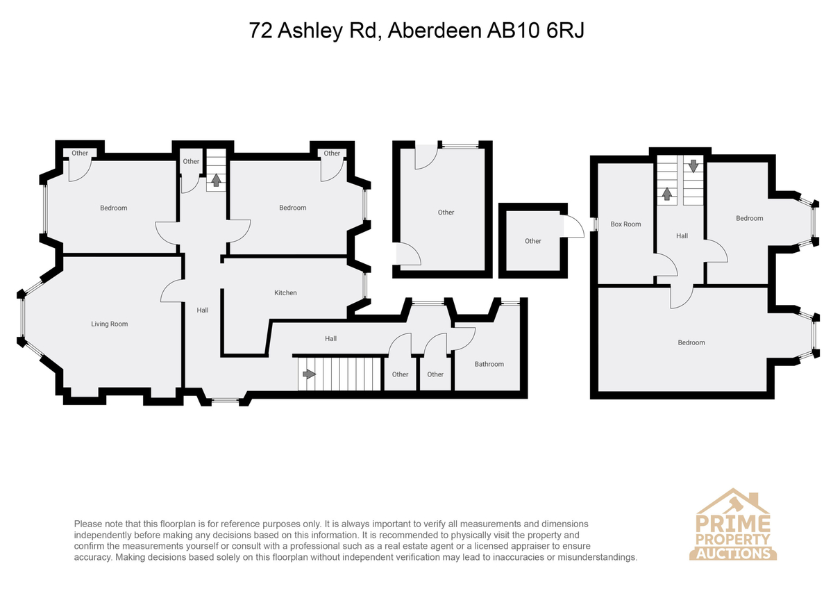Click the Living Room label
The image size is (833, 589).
(x=110, y=324)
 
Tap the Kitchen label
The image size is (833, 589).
(x=285, y=293)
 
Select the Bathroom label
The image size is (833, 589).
(x=489, y=364)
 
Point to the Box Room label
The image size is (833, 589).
(x=625, y=224)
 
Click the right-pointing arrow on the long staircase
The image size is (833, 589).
(x=310, y=374)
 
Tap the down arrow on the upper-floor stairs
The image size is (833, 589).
(x=693, y=165)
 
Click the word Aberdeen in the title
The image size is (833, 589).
(x=435, y=31)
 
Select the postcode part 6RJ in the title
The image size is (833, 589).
(x=565, y=31)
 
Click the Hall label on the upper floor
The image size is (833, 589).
(x=682, y=236)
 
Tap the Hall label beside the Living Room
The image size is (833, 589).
(x=202, y=310)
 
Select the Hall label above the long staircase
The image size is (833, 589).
(x=330, y=338)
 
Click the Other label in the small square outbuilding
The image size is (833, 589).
(x=532, y=241)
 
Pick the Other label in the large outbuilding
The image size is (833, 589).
(x=446, y=213)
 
